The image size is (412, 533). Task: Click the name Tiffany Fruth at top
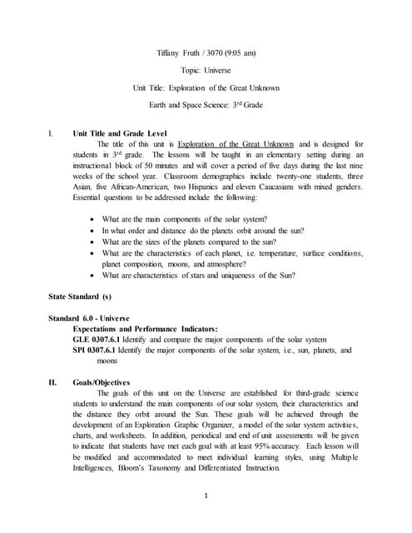181,53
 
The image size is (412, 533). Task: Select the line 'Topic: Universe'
206,70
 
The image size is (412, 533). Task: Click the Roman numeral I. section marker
52,133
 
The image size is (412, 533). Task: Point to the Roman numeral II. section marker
54,381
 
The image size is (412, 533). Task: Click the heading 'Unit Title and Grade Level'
120,133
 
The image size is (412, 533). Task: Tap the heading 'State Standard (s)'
78,296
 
